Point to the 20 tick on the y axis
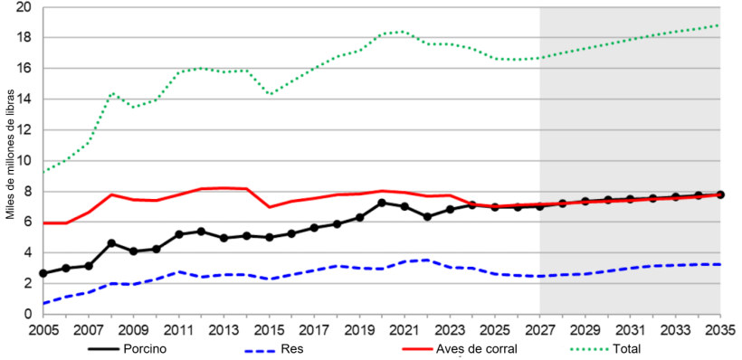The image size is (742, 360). click(x=24, y=7)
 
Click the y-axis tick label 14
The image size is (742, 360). click(x=24, y=99)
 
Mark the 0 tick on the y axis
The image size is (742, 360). click(x=28, y=314)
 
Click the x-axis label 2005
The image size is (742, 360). click(x=43, y=329)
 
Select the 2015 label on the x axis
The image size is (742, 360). click(x=269, y=329)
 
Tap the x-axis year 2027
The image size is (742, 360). click(x=540, y=329)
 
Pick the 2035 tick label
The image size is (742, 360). click(x=720, y=329)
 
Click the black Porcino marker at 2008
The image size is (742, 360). click(x=111, y=243)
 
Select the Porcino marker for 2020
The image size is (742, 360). click(x=382, y=203)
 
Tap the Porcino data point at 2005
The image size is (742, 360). click(x=43, y=273)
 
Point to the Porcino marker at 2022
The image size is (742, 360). click(x=427, y=217)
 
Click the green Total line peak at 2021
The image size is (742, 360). click(x=404, y=32)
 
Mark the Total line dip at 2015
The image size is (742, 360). click(x=269, y=94)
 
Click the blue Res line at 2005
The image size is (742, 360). click(x=43, y=303)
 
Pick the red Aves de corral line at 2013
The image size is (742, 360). click(x=224, y=187)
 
